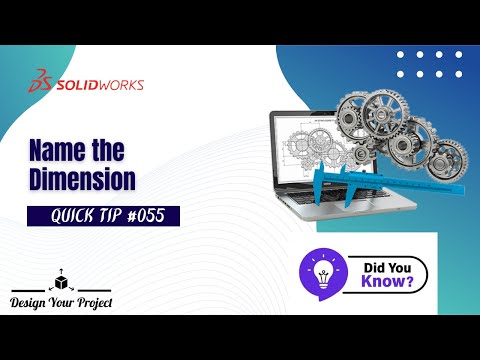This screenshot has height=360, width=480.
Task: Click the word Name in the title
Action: pos(55,151)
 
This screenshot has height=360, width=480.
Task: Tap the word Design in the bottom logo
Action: pos(30,302)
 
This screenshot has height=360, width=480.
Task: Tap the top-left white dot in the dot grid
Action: pos(400,54)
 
